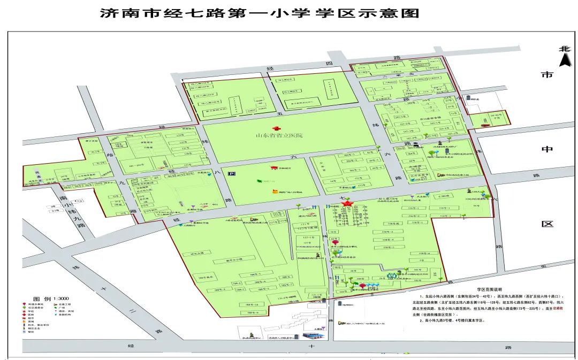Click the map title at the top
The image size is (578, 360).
260,13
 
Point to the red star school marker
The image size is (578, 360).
347,203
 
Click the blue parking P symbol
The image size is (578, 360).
232,173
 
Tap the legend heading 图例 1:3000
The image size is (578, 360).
51,298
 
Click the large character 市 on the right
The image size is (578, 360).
546,75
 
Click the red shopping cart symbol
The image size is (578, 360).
273,169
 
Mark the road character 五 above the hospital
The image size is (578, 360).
278,113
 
